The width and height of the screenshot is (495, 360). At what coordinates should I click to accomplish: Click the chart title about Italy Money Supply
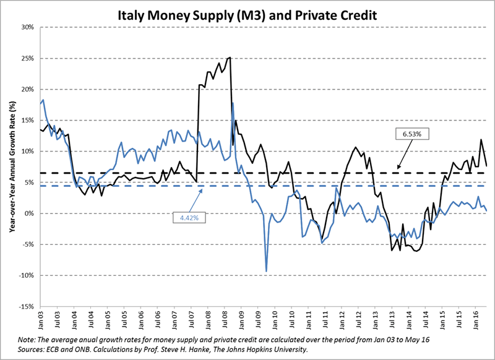[x=247, y=12]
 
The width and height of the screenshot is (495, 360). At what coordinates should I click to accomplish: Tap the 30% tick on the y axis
[x=28, y=27]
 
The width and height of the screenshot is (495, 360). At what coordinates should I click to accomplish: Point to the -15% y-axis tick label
[x=27, y=306]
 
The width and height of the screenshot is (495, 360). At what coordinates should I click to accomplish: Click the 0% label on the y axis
[x=30, y=213]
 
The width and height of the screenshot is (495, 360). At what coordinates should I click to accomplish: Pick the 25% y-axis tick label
[x=28, y=58]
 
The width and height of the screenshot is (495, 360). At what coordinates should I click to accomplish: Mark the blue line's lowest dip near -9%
[x=266, y=271]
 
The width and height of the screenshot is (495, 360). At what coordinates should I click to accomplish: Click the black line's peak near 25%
[x=230, y=58]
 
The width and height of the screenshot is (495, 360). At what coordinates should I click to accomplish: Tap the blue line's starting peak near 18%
[x=42, y=100]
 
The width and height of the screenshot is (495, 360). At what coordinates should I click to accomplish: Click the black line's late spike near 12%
[x=481, y=140]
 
